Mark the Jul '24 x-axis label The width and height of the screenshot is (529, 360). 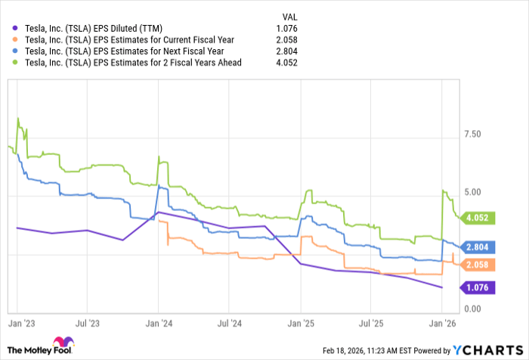[230, 322]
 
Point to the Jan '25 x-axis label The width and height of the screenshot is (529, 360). [301, 322]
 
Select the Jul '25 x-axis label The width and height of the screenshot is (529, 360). [371, 322]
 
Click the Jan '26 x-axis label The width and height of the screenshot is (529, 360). [441, 322]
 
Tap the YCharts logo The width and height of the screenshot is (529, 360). [487, 349]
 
